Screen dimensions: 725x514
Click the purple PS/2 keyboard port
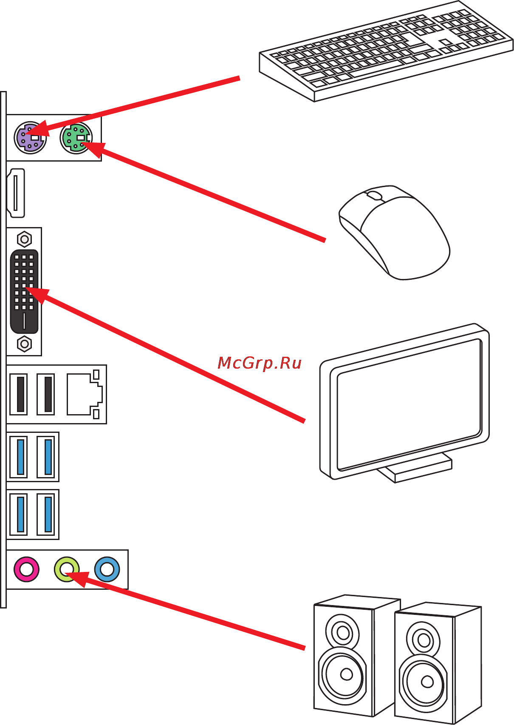[30, 137]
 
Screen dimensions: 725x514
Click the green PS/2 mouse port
[76, 137]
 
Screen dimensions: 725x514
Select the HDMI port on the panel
[16, 193]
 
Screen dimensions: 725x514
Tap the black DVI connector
[24, 292]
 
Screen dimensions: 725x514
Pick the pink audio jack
[26, 569]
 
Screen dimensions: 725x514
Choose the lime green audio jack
[67, 569]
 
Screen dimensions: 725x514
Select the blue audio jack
[107, 569]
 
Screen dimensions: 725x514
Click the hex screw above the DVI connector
[24, 239]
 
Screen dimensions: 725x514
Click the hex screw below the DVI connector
[24, 344]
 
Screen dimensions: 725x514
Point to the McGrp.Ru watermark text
[259, 363]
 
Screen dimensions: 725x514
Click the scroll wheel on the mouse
[374, 196]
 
